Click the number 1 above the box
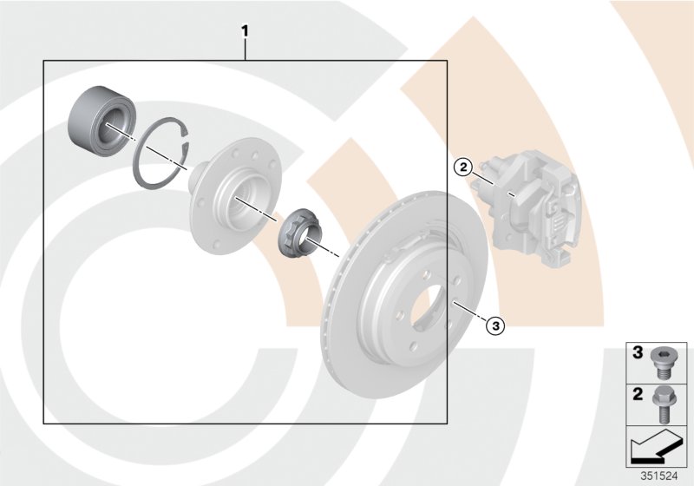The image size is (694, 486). (x=246, y=32)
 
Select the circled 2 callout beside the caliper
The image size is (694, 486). (x=464, y=165)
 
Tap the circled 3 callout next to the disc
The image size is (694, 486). (x=494, y=325)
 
